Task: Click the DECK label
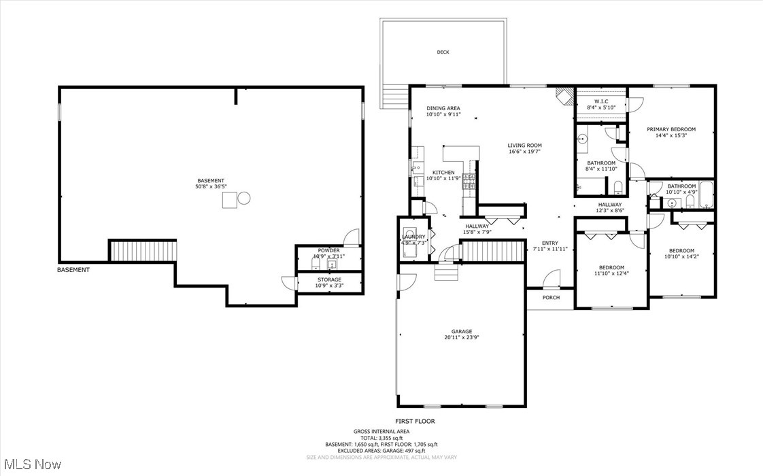(x=443, y=52)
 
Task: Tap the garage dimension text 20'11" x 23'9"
(x=458, y=337)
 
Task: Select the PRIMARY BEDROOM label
(x=671, y=129)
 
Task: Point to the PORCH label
(x=551, y=297)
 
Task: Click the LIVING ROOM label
(x=524, y=145)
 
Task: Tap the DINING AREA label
(x=443, y=108)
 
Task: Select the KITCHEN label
(x=443, y=172)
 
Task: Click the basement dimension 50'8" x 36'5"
(x=211, y=186)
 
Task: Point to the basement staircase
(x=143, y=250)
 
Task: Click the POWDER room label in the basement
(x=328, y=250)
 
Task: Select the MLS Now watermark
(x=31, y=464)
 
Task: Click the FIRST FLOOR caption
(x=415, y=421)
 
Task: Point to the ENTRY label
(x=549, y=243)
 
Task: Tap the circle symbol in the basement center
(x=244, y=199)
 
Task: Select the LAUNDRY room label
(x=413, y=237)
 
